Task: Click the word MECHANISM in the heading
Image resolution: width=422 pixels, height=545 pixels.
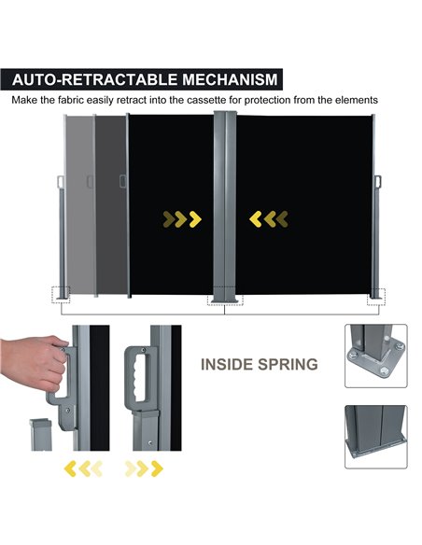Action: point(230,79)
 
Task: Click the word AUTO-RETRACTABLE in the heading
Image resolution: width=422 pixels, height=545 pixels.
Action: point(95,79)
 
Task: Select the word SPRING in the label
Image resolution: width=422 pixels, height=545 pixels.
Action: point(288,364)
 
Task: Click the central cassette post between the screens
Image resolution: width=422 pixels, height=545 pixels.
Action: point(225,207)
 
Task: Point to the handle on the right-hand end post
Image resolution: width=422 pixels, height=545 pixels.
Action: point(378,181)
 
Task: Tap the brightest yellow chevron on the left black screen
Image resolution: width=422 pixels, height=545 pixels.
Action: point(195,219)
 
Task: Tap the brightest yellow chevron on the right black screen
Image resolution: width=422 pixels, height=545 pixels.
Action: point(256,219)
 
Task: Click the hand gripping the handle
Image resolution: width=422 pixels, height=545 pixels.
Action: point(34,362)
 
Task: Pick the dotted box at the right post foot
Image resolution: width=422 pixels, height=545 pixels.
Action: point(376,297)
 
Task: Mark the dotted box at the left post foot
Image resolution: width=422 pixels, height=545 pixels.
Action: point(61,295)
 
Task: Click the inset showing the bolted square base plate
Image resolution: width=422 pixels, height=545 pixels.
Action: point(375,356)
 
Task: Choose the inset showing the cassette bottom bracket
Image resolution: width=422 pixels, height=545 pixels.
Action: point(375,437)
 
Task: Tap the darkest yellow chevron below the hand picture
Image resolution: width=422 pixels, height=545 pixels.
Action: point(70,468)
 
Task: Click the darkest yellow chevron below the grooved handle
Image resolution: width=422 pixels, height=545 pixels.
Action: point(157,468)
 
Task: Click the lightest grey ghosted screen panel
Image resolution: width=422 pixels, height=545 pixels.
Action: point(80,205)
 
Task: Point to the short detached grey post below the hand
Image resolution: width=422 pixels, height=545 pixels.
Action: point(41,435)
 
